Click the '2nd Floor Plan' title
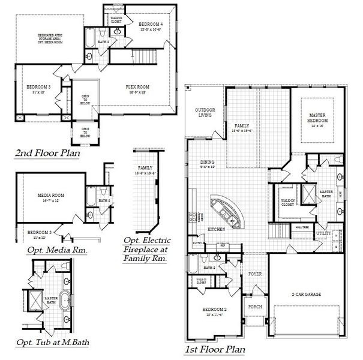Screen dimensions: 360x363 coord(47,154)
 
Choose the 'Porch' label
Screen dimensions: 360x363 coord(255,307)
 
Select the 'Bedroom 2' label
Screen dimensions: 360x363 coord(215,311)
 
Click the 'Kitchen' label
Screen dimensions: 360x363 coord(216,230)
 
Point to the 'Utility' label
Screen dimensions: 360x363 coord(323,232)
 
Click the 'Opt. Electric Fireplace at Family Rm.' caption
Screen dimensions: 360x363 coord(145,249)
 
